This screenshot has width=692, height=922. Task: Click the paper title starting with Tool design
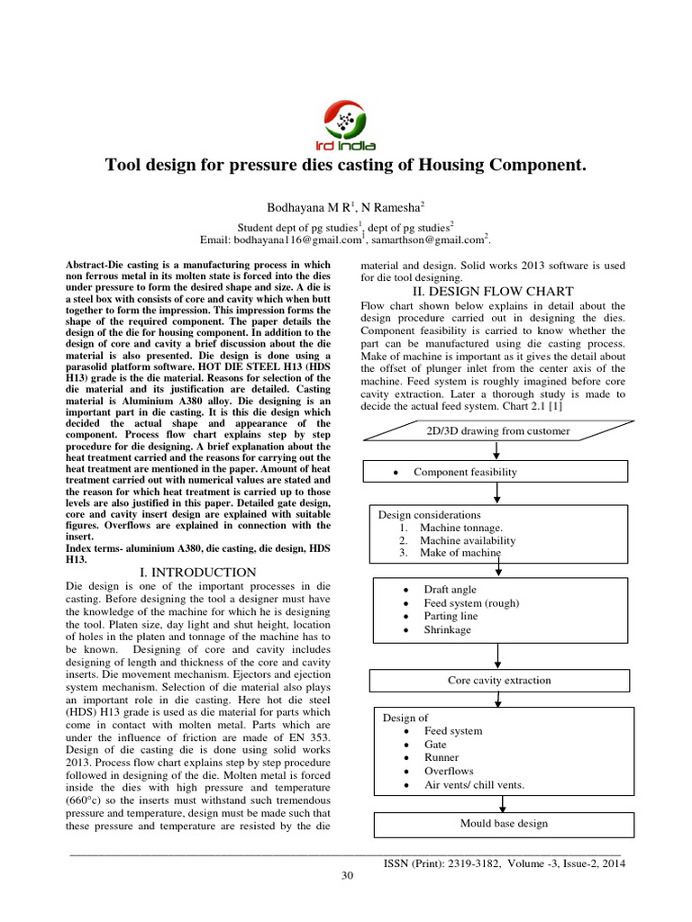click(x=346, y=165)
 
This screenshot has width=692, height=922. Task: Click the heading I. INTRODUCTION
click(x=199, y=572)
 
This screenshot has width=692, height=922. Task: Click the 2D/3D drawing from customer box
click(x=497, y=430)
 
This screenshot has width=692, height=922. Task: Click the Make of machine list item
click(x=460, y=553)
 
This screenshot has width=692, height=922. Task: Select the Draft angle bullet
click(x=450, y=590)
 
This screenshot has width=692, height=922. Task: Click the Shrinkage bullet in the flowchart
click(x=448, y=630)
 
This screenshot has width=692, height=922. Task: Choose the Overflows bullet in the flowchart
click(x=449, y=772)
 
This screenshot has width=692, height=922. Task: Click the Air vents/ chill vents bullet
click(x=474, y=785)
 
